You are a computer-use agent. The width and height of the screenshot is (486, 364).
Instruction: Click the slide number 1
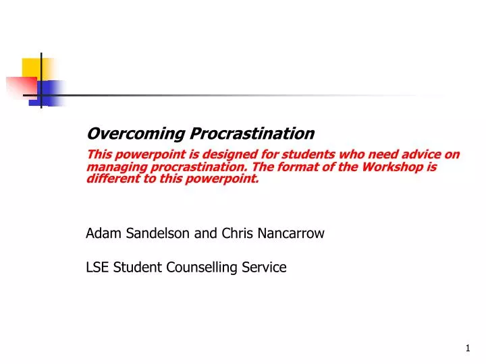(x=467, y=348)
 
